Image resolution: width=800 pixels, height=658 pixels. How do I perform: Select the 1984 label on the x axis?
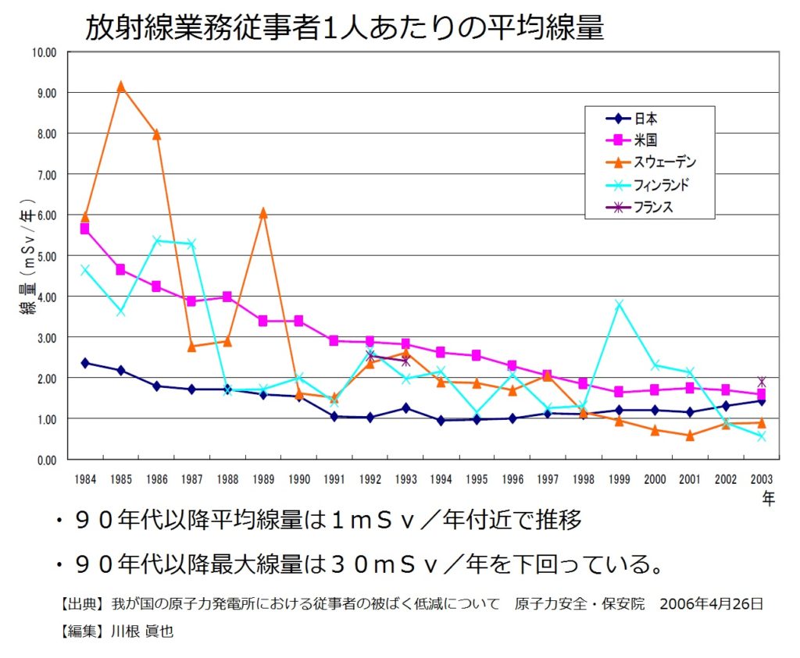pos(84,479)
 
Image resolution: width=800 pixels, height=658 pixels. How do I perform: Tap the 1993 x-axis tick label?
pos(405,479)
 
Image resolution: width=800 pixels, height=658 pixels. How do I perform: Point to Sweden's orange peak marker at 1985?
pos(120,87)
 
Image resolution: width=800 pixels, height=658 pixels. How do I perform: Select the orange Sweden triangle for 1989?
pos(263,212)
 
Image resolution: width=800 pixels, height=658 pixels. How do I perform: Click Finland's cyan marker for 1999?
pos(620,304)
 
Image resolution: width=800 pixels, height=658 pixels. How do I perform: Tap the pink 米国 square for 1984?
pos(84,229)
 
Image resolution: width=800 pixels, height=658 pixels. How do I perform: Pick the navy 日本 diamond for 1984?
pos(84,363)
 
